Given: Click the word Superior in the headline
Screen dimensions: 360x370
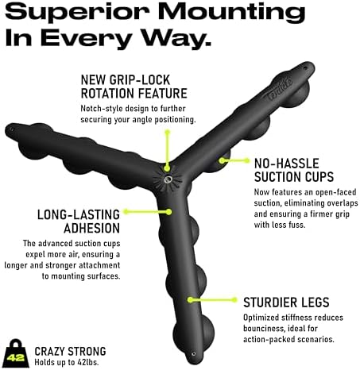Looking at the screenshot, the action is coord(77,12).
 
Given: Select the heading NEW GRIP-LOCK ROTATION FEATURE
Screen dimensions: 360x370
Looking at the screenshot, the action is coord(134,87).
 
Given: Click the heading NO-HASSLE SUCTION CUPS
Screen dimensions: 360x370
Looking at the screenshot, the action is coord(294,170).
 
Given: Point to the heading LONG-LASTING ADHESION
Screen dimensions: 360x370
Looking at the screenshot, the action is coord(79,222).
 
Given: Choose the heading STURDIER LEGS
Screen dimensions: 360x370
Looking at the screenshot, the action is coord(286,303).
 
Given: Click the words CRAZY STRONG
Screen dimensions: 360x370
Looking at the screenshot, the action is coord(70,351).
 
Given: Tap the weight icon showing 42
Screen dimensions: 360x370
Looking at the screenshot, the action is coord(16,354).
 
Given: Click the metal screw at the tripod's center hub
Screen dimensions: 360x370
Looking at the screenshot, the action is coord(168,180).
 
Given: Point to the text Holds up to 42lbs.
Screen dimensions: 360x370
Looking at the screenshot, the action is coord(67,362).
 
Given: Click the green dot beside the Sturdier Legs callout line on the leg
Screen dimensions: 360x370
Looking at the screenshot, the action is coord(190,300).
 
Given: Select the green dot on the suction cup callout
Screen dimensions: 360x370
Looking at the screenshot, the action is coord(222,160).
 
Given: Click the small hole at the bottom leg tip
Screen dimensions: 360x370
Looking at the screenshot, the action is coord(194,354).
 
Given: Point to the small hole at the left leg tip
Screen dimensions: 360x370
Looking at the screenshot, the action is coord(11,129).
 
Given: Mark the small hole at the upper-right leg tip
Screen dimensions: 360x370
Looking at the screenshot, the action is coord(305,68).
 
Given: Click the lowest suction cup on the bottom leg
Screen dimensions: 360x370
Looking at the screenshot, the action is coord(194,331).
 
